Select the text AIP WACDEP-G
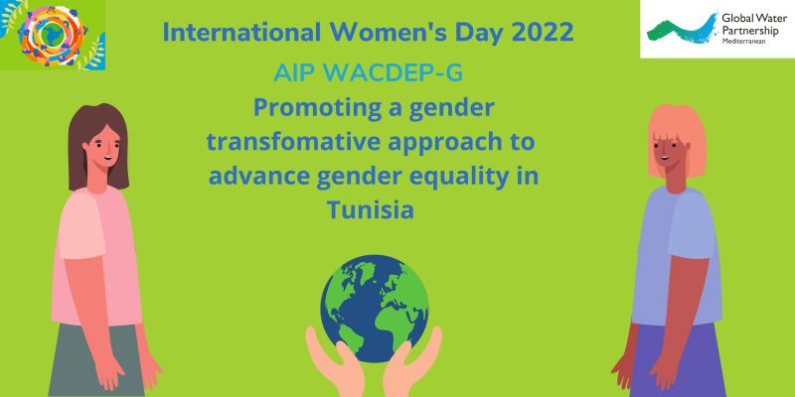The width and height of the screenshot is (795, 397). click(368, 73)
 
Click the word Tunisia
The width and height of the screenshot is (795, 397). click(370, 209)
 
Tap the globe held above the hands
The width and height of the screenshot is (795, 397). click(375, 309)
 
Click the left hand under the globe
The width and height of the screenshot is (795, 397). click(335, 362)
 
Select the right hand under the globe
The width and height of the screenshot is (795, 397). click(412, 362)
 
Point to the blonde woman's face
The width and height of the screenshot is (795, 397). click(669, 154)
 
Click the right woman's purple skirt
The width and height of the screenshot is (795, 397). click(678, 359)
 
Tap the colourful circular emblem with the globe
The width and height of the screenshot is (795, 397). click(53, 35)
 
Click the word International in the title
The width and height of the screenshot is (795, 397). click(241, 33)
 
